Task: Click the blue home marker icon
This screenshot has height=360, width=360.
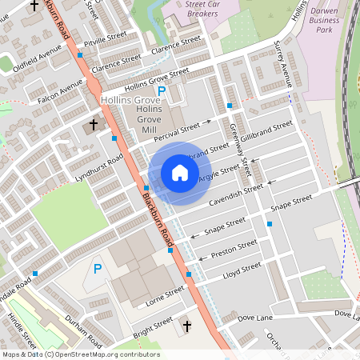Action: coord(180,172)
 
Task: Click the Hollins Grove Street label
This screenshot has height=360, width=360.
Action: coord(157,78)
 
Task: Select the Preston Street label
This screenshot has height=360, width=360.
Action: coord(234,249)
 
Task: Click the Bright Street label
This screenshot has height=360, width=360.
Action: coord(153,326)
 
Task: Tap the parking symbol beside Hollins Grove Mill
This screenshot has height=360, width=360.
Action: coord(162,92)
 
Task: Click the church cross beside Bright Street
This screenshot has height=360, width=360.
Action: coord(187,326)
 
